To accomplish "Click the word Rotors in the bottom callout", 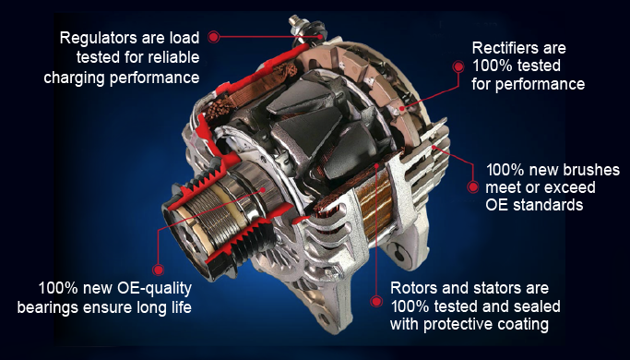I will point(414,287).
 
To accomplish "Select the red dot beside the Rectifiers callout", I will point(457,66).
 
